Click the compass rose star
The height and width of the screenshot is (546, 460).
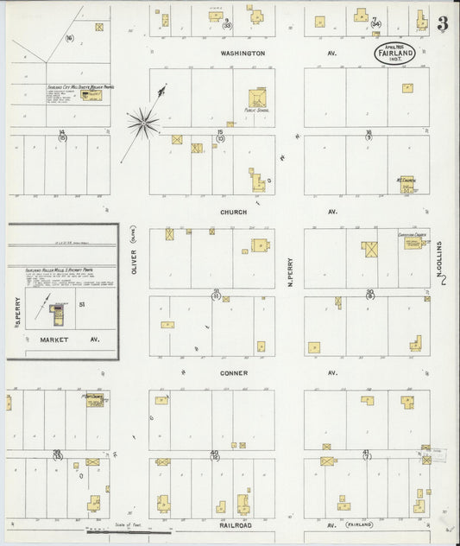143,123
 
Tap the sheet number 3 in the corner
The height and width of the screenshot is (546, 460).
442,24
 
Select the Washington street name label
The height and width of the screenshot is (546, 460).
242,53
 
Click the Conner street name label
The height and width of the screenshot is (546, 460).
234,373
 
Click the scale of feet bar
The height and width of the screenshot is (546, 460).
121,531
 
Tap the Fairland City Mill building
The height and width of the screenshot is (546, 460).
90,93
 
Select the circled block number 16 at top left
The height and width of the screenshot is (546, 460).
69,38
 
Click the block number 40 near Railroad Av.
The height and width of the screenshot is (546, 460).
214,453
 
